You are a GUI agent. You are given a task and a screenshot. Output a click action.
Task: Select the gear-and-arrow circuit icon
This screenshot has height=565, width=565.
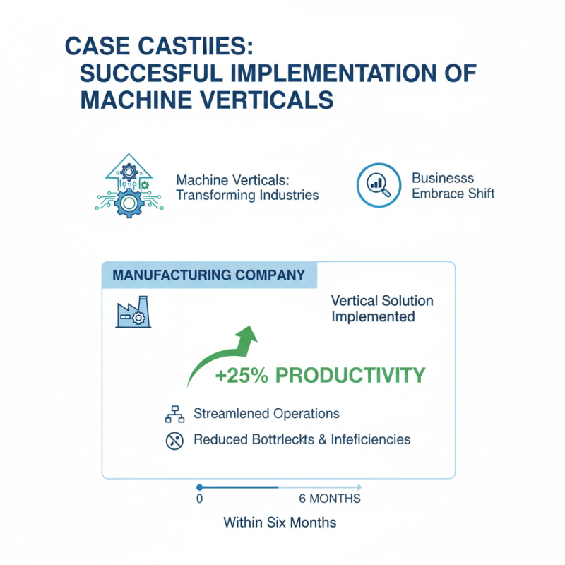tap(128, 185)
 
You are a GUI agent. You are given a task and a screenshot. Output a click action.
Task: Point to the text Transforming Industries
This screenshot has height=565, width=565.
tap(246, 195)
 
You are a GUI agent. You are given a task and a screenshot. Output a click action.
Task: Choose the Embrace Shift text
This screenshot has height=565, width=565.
tap(453, 194)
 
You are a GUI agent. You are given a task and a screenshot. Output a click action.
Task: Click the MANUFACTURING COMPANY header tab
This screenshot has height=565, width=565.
tap(209, 274)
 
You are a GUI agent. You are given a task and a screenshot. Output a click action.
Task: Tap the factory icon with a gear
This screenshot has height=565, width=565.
tap(131, 311)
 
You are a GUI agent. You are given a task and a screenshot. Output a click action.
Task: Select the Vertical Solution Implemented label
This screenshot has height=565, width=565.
tap(382, 309)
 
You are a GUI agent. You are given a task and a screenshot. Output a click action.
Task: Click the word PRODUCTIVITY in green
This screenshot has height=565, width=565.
tap(350, 376)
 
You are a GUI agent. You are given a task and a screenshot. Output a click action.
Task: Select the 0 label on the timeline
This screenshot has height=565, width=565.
tap(199, 499)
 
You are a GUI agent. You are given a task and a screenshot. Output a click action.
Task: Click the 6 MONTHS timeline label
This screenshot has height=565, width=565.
tap(329, 499)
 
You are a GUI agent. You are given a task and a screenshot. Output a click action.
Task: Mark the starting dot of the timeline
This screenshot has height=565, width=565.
tap(199, 487)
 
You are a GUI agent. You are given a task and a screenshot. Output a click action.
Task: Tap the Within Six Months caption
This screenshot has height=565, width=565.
tap(280, 523)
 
